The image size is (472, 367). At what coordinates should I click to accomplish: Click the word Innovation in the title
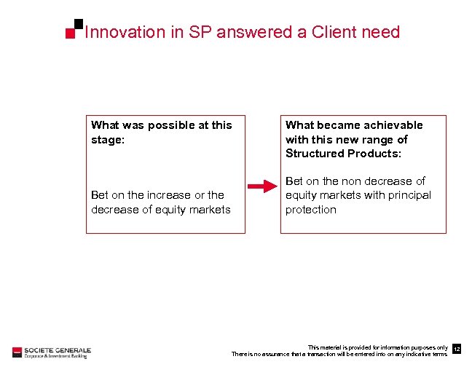point(115,32)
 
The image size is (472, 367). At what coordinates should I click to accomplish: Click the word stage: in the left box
point(108,139)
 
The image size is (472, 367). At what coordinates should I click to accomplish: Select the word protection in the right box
point(311,210)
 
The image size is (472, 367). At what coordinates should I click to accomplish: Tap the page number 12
point(457,350)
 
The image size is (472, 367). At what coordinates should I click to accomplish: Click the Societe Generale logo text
point(57,350)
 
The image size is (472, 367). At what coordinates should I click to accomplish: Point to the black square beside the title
point(78,24)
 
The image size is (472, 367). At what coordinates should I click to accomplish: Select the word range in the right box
point(375,139)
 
